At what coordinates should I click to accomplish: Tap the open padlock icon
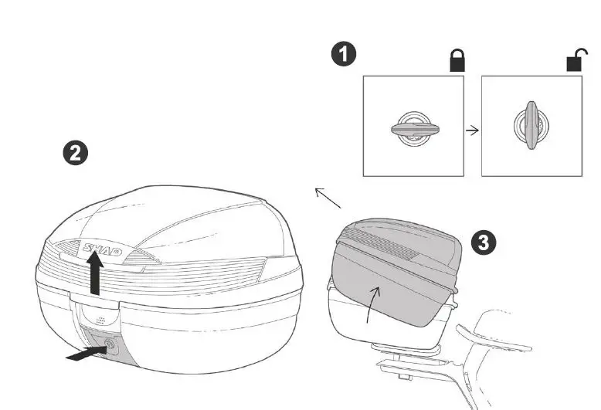[x=576, y=61]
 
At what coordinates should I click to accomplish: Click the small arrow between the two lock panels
[x=472, y=130]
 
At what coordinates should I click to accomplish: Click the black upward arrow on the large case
[x=95, y=276]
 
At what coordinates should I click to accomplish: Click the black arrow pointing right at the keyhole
[x=84, y=354]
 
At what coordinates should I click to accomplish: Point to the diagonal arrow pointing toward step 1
[x=328, y=198]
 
